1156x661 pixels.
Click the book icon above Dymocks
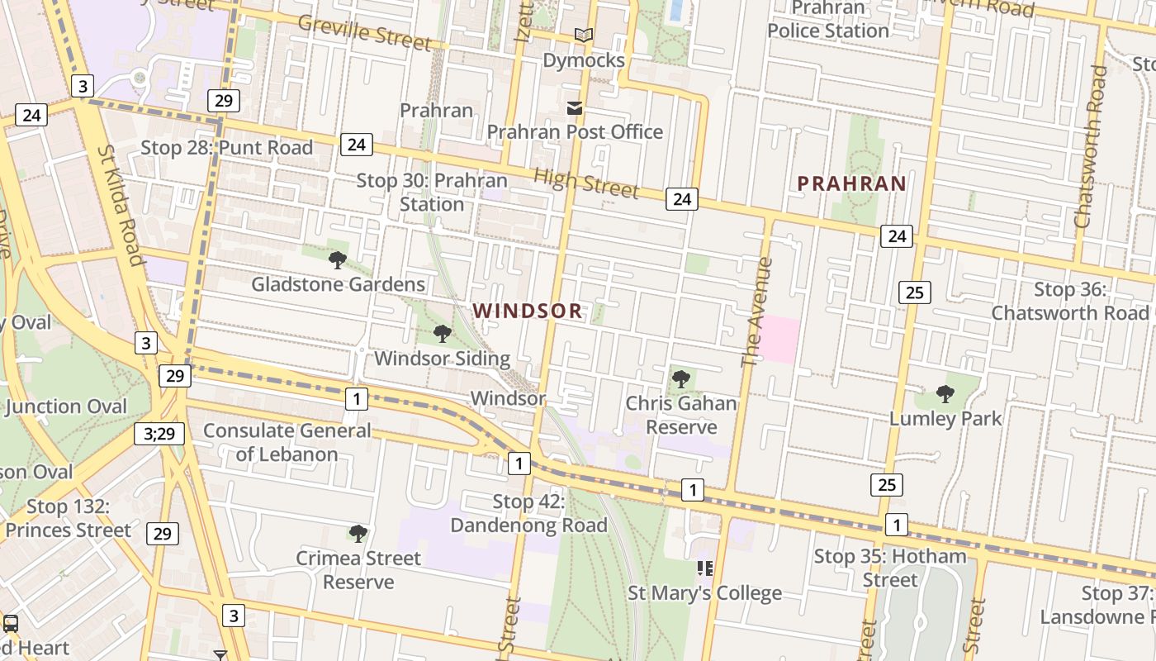[584, 35]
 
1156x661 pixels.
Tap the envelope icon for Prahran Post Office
[575, 108]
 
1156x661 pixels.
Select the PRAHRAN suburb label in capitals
[851, 183]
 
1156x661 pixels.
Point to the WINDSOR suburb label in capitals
[528, 311]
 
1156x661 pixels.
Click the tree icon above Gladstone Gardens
[337, 260]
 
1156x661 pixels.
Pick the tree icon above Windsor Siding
[443, 334]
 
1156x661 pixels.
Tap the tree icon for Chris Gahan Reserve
[681, 379]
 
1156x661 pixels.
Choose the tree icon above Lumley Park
[945, 394]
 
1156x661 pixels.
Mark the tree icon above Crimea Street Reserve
[358, 534]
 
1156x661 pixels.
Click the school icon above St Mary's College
[705, 568]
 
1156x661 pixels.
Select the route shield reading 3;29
[159, 433]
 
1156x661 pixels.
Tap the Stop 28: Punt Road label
[227, 148]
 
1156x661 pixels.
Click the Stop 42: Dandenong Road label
[528, 513]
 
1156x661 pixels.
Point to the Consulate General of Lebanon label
[287, 442]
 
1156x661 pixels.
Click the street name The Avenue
[756, 312]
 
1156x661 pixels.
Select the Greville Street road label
[364, 31]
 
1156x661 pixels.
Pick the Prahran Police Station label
[828, 20]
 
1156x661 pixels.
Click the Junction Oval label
[66, 407]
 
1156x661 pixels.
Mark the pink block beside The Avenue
[779, 340]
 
